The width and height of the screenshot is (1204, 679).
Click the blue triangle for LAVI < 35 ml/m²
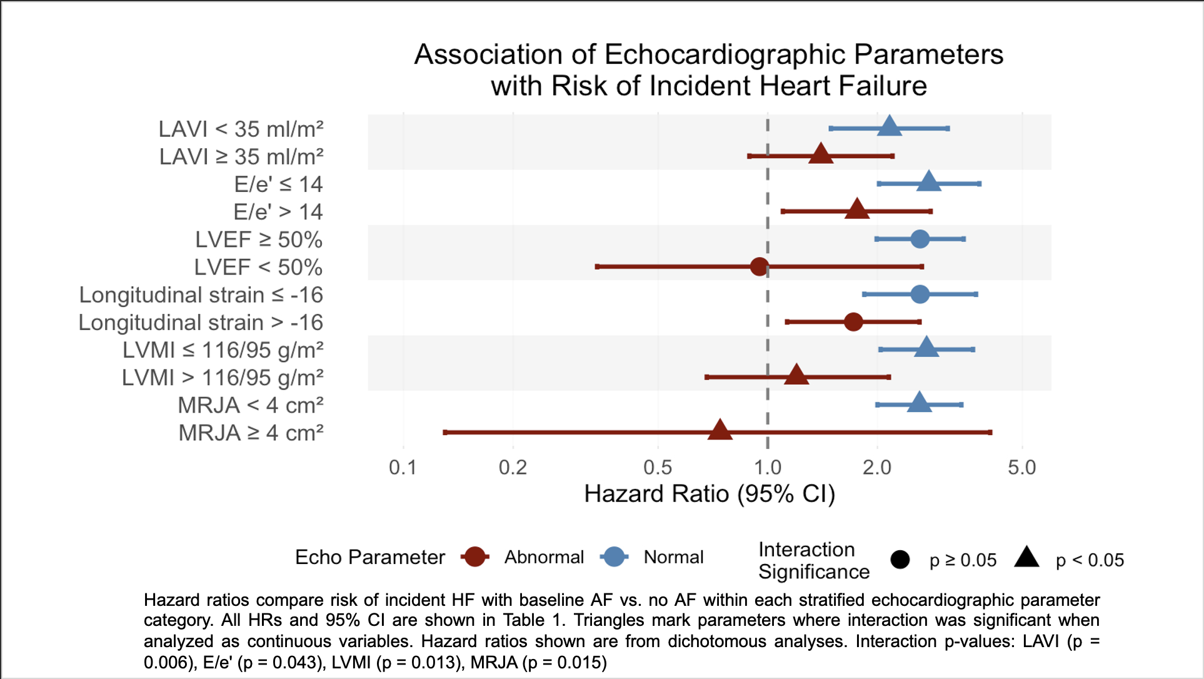889,127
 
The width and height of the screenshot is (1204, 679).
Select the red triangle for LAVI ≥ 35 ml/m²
820,154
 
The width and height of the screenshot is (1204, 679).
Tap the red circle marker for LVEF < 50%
759,267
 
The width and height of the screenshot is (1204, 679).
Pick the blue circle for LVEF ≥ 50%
920,239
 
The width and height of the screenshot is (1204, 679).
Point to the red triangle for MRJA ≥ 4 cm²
720,431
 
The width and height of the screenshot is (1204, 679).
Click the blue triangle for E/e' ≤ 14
929,182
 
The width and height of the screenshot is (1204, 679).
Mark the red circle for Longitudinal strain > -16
853,322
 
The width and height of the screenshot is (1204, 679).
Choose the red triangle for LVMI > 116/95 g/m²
796,375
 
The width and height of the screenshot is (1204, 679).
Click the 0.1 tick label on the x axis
403,468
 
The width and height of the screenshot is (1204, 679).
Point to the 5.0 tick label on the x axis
1021,468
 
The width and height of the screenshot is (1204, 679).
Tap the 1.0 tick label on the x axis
768,468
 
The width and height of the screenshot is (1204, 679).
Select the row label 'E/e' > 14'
278,212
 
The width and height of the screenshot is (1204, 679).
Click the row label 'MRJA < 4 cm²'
251,405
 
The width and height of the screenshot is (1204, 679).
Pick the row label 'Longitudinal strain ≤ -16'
201,294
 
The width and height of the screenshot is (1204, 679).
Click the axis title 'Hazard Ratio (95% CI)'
710,494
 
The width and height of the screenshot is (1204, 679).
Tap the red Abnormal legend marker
475,556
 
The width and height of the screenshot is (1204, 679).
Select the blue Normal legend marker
615,556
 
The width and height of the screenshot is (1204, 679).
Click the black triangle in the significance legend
1026,557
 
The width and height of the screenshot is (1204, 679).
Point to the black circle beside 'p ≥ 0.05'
900,560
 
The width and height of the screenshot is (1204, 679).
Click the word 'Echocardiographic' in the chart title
725,55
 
